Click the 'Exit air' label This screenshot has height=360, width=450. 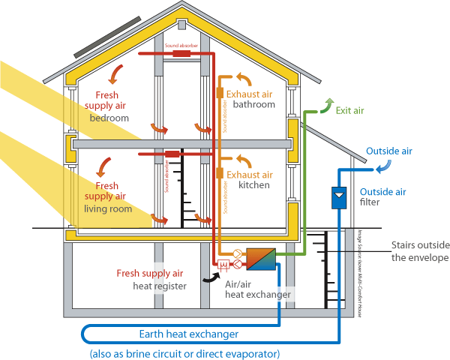(349, 110)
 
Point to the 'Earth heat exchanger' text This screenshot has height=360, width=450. (189, 333)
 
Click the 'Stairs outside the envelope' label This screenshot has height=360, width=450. (419, 251)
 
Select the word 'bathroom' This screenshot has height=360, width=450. (254, 105)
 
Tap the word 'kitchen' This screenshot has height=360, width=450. (254, 184)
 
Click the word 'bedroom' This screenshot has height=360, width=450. (109, 118)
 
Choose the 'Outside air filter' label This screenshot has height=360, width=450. (383, 196)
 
